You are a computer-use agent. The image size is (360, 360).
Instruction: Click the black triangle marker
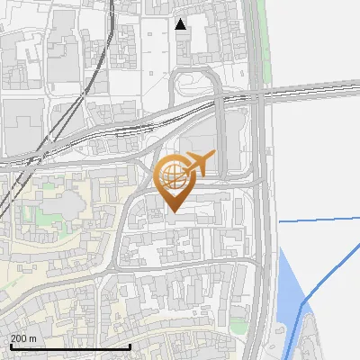point(181,24)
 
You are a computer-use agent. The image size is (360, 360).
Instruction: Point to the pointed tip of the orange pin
point(175,211)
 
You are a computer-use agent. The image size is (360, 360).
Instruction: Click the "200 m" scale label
point(23,338)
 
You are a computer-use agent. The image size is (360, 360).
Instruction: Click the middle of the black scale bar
point(70,346)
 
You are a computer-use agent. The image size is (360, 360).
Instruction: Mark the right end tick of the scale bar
point(130,346)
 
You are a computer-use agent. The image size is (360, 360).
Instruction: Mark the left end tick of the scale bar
point(10,346)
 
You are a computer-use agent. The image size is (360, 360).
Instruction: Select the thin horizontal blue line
point(319,219)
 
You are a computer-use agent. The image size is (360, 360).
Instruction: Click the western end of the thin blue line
point(280,220)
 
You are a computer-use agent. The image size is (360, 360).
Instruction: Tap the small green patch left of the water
point(238,325)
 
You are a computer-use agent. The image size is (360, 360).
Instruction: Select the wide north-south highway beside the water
point(263,225)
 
